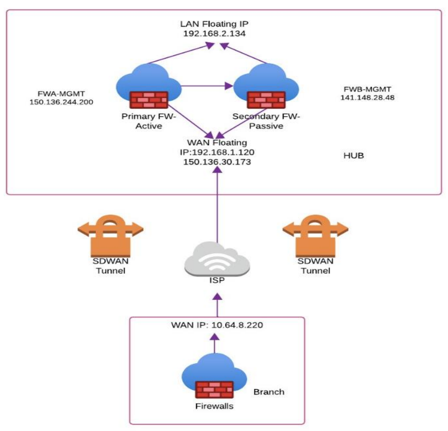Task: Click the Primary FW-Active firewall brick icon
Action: coord(148,100)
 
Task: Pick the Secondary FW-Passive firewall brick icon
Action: coord(266,100)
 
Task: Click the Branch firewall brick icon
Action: coord(214,391)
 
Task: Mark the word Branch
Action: coord(269,392)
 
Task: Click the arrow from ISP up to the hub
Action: coord(217,206)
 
